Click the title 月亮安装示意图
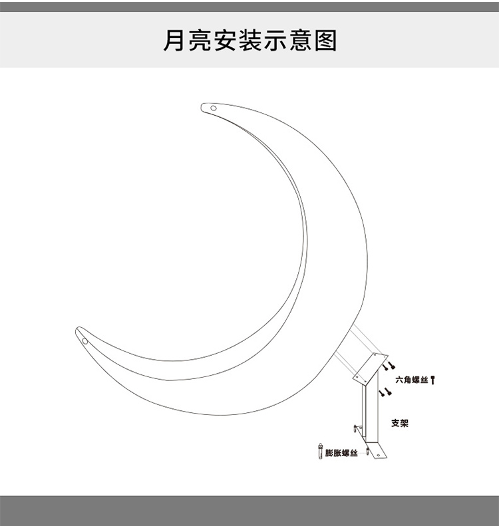coord(249,40)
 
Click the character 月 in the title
coord(174,40)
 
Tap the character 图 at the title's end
coord(325,40)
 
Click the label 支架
coord(400,423)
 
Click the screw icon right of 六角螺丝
coord(434,380)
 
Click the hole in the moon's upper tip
coord(214,108)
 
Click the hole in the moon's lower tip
coord(85,340)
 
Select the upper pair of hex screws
coord(388,365)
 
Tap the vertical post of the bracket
coord(365,412)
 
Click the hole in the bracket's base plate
coord(379,455)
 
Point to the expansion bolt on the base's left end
coord(355,430)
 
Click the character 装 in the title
coord(265,40)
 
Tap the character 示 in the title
coord(295,40)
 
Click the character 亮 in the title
coord(204,40)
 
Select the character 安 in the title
coord(234,40)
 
